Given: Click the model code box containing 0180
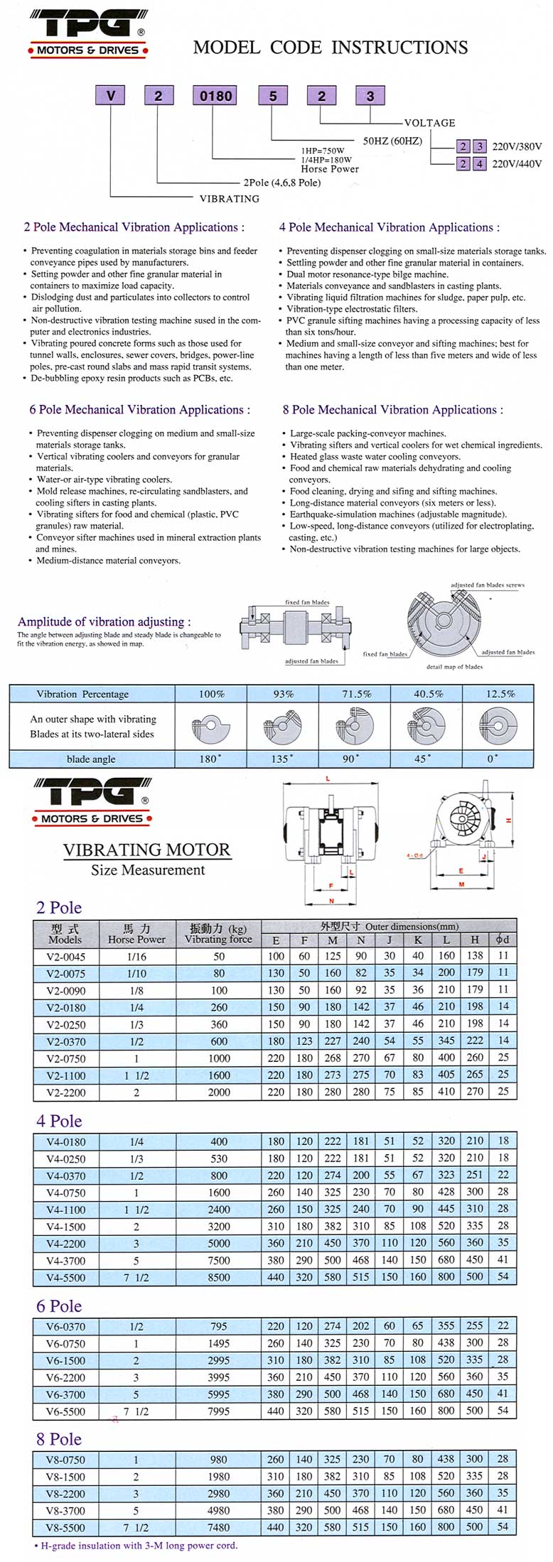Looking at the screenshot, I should click(215, 95).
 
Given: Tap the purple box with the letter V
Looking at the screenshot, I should click(110, 95).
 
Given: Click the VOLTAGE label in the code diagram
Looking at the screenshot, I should click(429, 123).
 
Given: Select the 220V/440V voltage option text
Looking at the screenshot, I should click(517, 164).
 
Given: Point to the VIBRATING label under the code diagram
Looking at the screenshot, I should click(230, 199).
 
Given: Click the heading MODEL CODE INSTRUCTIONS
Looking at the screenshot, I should click(331, 48).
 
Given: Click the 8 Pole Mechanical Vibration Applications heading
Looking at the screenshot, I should click(392, 410).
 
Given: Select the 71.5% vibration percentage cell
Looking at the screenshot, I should click(356, 694).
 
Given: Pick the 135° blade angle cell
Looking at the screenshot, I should click(281, 759).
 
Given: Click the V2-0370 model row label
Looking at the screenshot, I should click(65, 1041).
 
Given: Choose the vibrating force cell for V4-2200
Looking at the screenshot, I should click(219, 1243).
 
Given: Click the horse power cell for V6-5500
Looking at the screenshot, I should click(136, 1411).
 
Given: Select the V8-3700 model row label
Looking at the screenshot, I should click(65, 1511).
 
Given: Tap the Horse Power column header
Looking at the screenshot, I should click(136, 934).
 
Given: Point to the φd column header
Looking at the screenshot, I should click(503, 940).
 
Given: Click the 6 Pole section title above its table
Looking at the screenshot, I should click(59, 1306).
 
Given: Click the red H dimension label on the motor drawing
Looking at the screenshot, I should click(509, 820).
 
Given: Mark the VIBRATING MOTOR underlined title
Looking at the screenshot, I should click(147, 850).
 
